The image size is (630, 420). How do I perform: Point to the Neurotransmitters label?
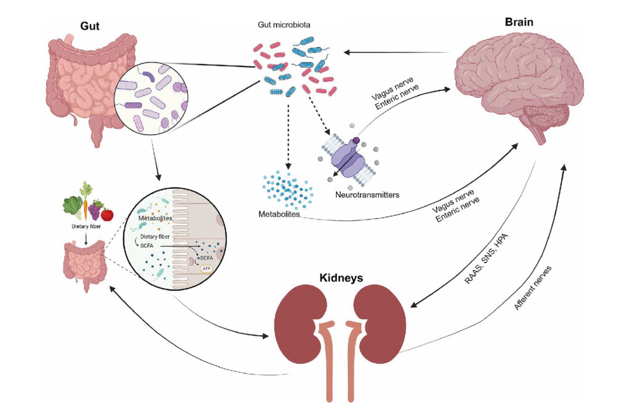pos(368,194)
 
